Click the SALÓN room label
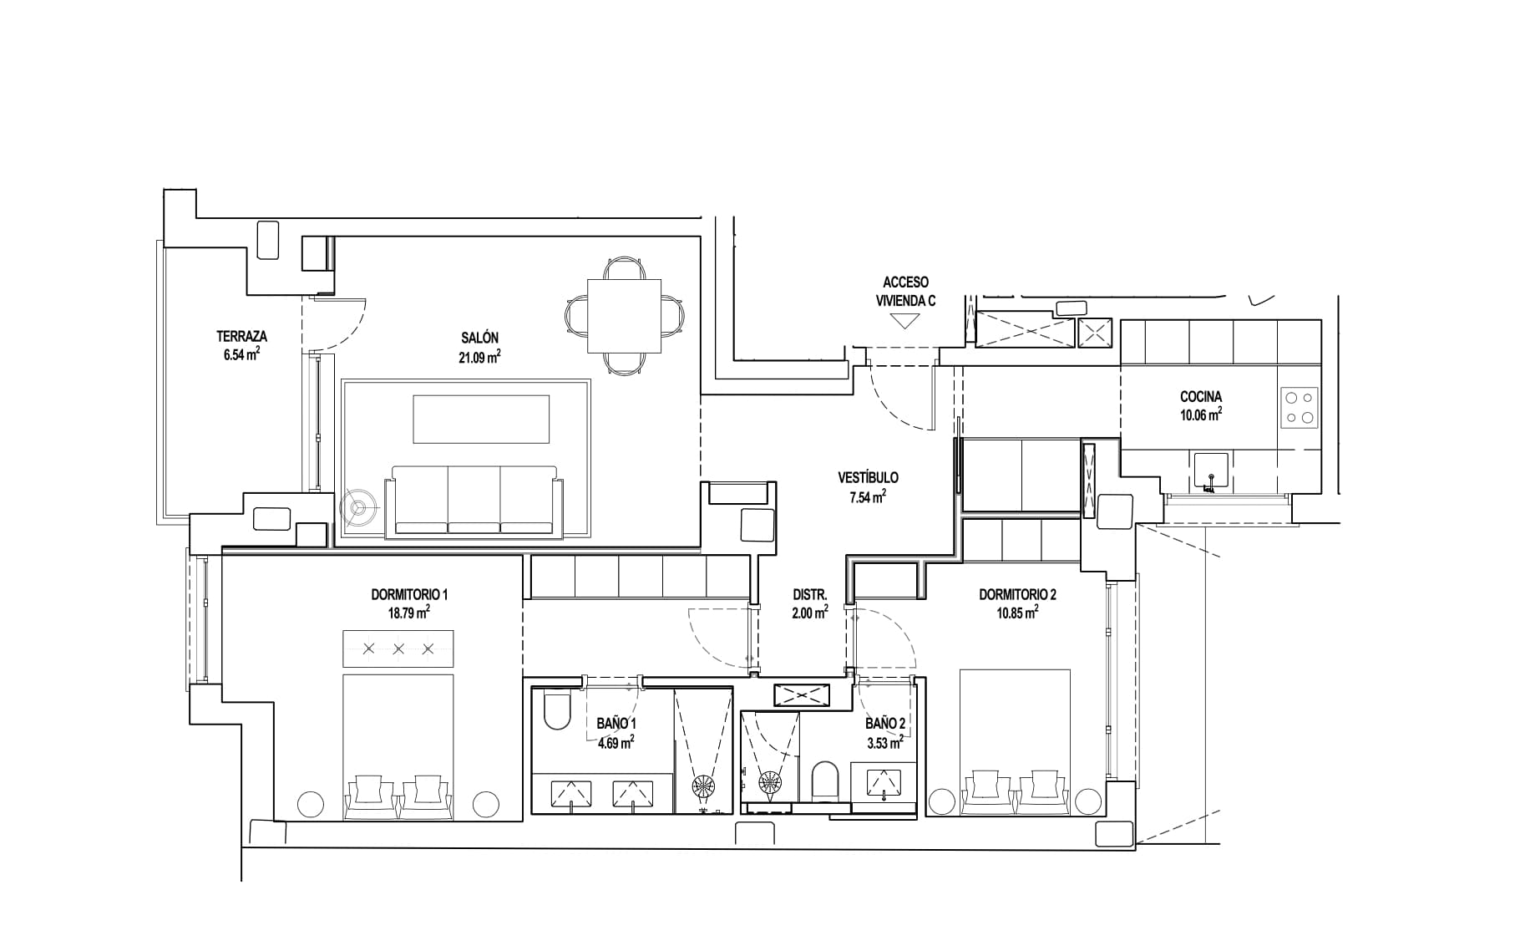(479, 338)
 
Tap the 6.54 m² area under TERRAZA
(241, 354)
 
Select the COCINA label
(1201, 397)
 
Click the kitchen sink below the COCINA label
(1211, 470)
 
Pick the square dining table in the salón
(625, 317)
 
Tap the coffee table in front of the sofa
(481, 419)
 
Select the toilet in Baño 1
(555, 710)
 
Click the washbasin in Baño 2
(884, 783)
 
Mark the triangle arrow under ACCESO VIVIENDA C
(905, 321)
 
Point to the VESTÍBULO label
(868, 478)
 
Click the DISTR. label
(809, 595)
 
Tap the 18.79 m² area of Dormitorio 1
(409, 613)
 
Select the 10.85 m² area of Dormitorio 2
(1017, 613)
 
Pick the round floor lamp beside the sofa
(360, 506)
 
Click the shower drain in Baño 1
(702, 786)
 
